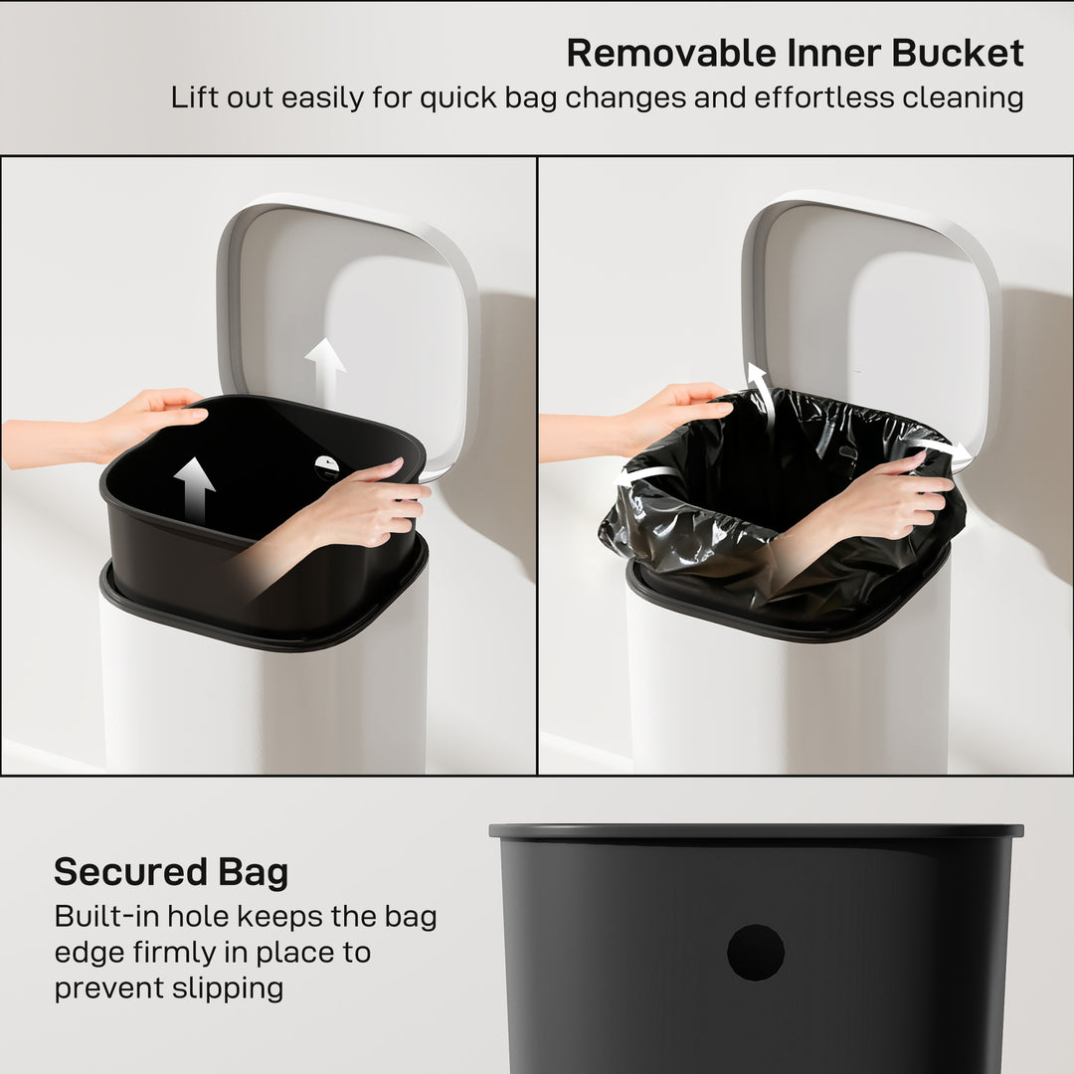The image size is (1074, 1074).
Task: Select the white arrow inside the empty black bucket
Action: pos(194,488)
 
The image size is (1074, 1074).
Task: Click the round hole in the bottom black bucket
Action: pos(756,952)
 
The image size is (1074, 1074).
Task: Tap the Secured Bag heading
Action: pos(171,872)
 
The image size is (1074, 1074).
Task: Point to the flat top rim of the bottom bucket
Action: pos(756,830)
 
